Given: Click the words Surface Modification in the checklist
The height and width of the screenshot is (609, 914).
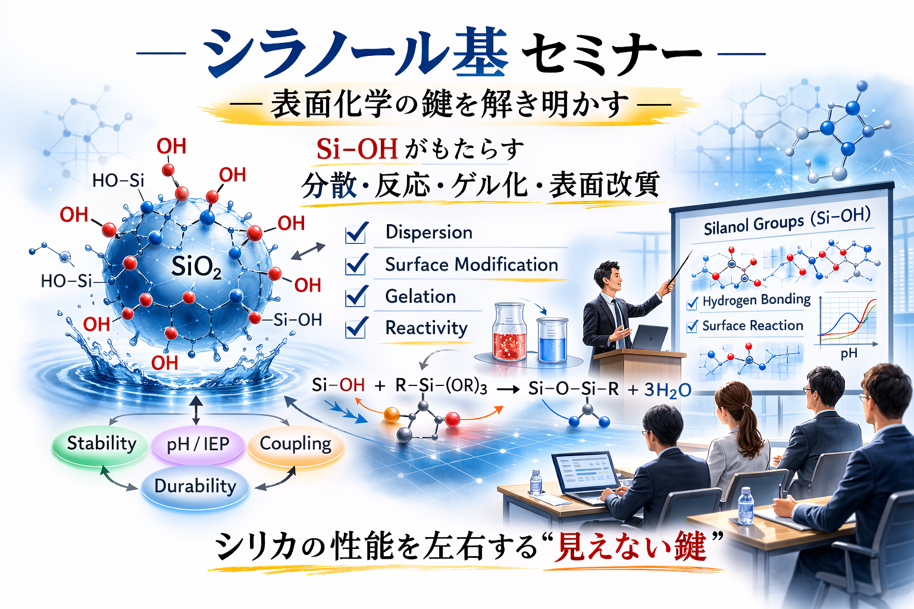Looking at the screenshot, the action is click(471, 265).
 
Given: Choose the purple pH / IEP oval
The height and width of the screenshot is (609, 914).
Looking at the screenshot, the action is click(198, 445).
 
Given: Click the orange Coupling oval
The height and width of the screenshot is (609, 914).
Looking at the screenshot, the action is click(295, 445).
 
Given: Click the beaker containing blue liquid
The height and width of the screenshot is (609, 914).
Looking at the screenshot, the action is click(552, 340).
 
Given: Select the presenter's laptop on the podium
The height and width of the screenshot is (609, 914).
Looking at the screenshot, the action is click(649, 338).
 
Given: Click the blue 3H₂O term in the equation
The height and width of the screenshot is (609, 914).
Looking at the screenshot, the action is click(668, 390).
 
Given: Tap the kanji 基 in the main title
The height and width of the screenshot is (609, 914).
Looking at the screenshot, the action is click(481, 52).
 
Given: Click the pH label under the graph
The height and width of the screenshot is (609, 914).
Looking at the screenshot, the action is click(849, 353).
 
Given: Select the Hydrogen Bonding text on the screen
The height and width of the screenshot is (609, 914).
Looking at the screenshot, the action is click(756, 300).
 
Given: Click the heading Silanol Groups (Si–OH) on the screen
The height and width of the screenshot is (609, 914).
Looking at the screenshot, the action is click(787, 224).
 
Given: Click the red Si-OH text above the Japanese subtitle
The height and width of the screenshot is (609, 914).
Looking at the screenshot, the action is click(357, 149).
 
